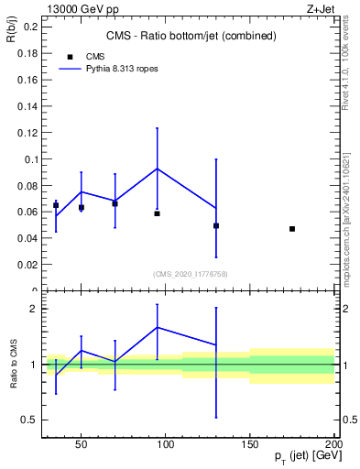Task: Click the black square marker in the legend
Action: point(70,56)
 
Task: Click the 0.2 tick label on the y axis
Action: point(28,27)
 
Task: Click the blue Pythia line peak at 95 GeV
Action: point(158,169)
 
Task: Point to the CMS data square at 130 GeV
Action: point(216,225)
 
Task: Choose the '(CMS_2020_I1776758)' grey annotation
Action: point(191,274)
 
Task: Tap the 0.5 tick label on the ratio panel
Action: point(27,420)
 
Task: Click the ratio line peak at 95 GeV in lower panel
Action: point(158,327)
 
